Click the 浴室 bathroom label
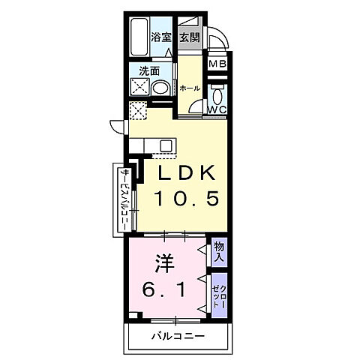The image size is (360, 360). (161, 37)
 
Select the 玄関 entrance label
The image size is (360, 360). (189, 37)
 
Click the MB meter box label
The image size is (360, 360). (217, 64)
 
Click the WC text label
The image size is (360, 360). (217, 109)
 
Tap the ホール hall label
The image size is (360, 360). (190, 88)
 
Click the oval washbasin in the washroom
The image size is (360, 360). (159, 88)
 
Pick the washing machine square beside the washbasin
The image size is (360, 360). (139, 87)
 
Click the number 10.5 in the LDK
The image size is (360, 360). (187, 199)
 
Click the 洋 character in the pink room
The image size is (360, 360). (163, 263)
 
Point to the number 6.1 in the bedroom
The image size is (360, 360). (166, 287)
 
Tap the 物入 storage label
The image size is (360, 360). (218, 251)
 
